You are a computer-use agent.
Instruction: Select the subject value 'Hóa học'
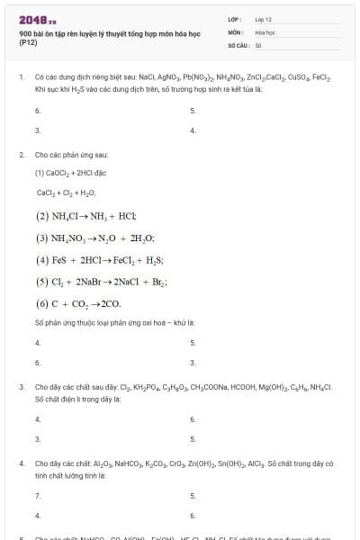click(265, 31)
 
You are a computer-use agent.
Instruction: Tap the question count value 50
click(258, 44)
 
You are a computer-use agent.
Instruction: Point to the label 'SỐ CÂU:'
click(238, 44)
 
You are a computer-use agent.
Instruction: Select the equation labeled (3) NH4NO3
click(94, 238)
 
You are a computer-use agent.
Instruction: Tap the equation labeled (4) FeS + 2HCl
click(99, 259)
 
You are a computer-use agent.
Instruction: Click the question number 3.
click(20, 387)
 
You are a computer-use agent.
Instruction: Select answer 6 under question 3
click(193, 418)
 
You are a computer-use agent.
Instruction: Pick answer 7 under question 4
click(37, 495)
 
